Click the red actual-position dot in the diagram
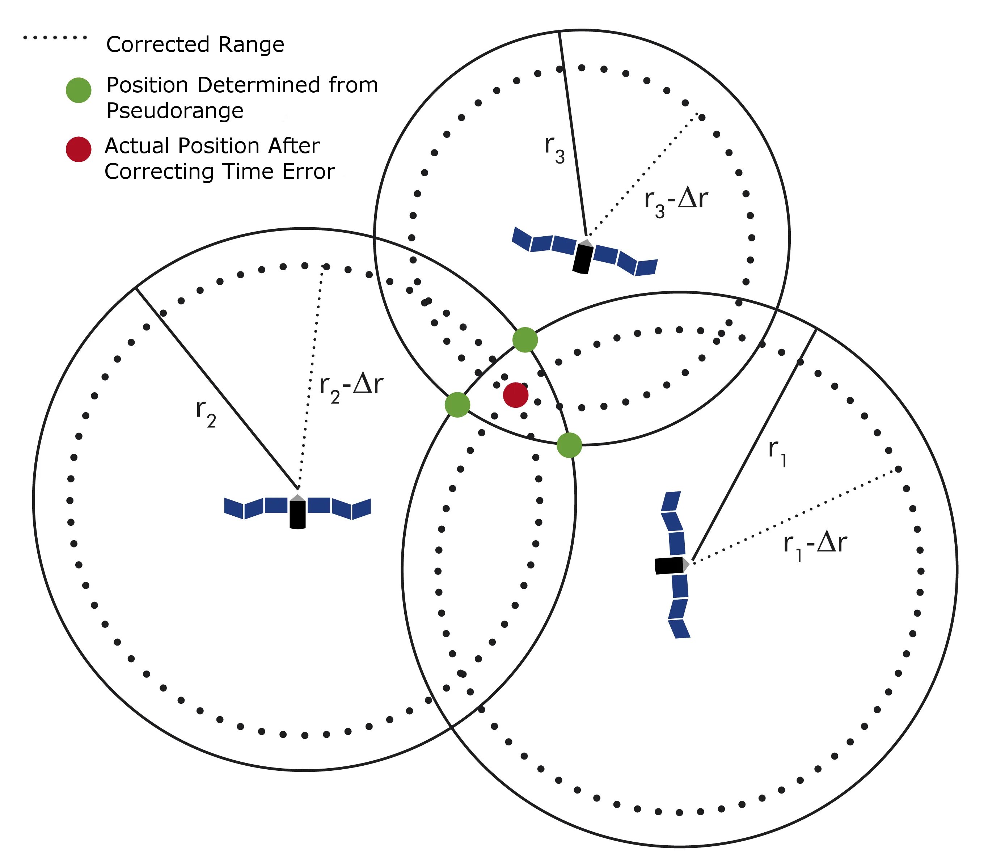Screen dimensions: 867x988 point(515,395)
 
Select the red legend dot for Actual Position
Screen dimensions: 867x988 point(78,149)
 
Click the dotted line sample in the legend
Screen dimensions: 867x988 point(55,37)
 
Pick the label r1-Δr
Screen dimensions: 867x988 point(815,545)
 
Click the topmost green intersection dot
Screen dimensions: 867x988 point(525,340)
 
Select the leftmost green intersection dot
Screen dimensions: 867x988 point(457,405)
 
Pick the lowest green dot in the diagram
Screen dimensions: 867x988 point(569,445)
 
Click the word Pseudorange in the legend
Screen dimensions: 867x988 point(174,111)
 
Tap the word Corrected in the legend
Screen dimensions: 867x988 point(157,45)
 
